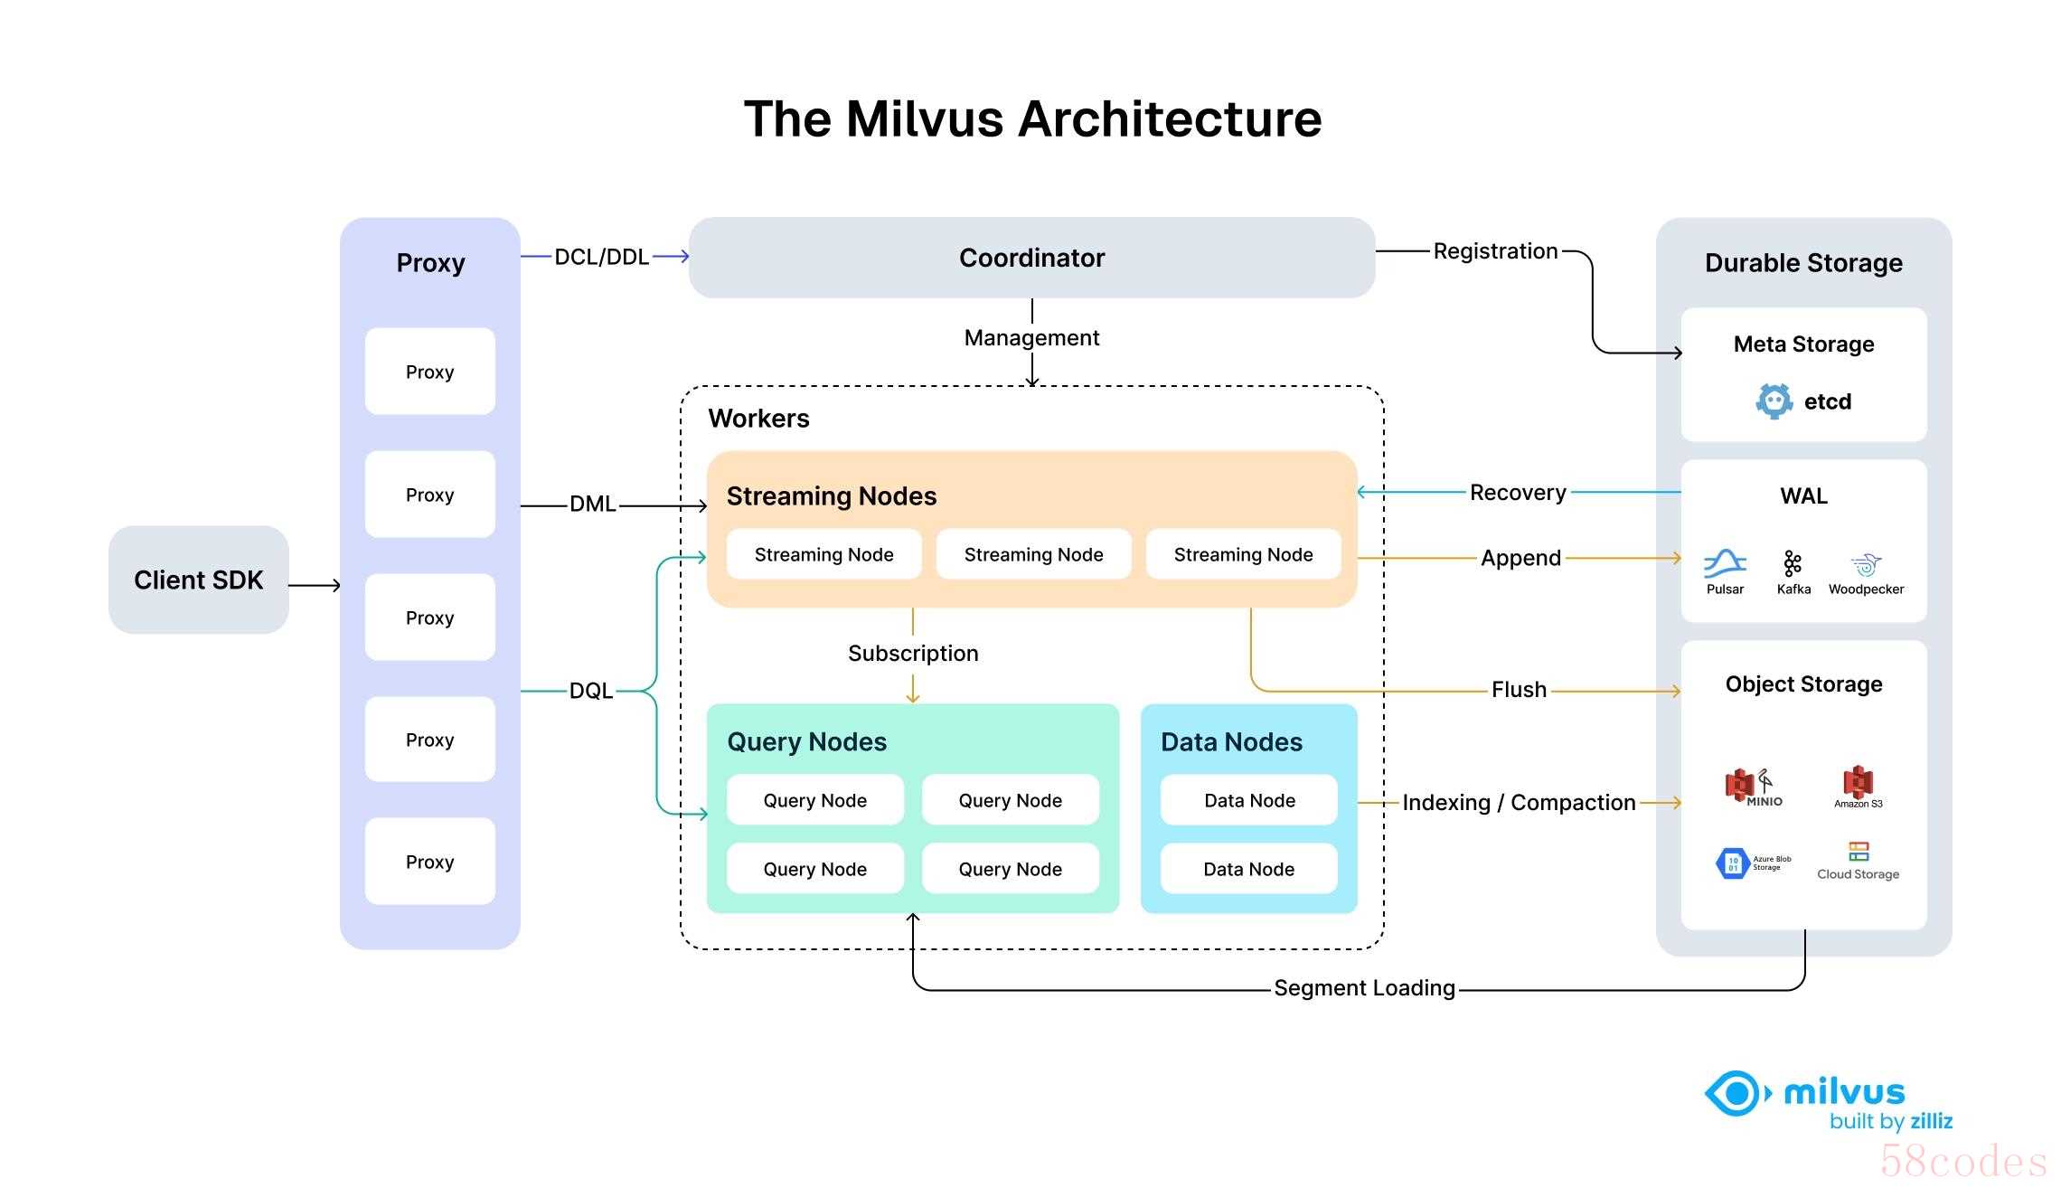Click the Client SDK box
(198, 580)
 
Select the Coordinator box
(1031, 258)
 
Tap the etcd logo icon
(1774, 401)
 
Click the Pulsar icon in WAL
(1725, 563)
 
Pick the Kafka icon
(1793, 563)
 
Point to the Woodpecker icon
(1866, 565)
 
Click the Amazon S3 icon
(1858, 782)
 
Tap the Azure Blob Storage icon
(1733, 863)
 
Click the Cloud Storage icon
(1859, 852)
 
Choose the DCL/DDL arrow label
(601, 257)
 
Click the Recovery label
(1518, 493)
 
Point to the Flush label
(1519, 690)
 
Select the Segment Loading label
(1364, 988)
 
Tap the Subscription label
(913, 654)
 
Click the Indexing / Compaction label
(1519, 803)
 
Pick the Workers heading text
(758, 419)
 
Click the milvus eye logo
(1735, 1094)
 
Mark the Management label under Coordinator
(1031, 338)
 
